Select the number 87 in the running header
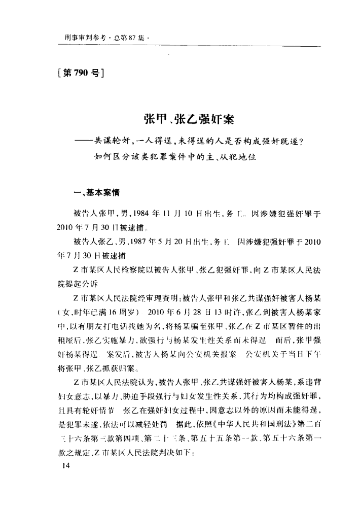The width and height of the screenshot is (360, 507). [134, 37]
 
